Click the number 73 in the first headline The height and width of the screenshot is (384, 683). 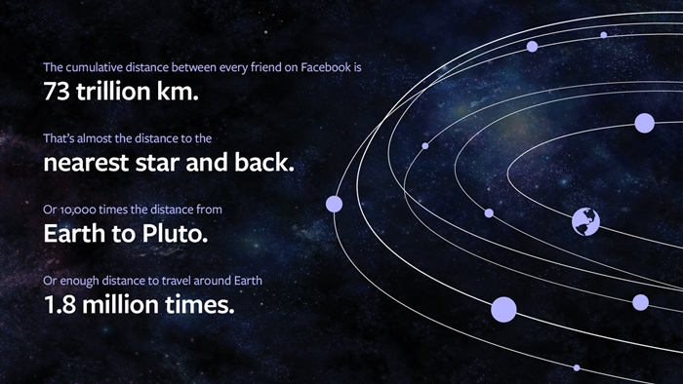[x=57, y=92]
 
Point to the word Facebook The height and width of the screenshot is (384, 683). [x=326, y=67]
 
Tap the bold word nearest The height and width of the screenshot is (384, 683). [x=86, y=163]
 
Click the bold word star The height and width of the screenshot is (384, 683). [x=157, y=163]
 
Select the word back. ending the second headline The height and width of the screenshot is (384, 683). [x=264, y=162]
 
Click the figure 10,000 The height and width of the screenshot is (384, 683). [x=78, y=211]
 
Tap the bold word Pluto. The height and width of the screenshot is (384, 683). [x=175, y=234]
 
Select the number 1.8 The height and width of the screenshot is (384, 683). [x=60, y=304]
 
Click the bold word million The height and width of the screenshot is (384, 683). [x=120, y=304]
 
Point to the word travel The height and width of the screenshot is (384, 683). [x=175, y=281]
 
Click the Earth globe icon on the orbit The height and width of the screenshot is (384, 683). [x=585, y=222]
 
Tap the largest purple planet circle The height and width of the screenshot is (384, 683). [x=503, y=310]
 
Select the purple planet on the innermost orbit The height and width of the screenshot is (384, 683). [x=644, y=123]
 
